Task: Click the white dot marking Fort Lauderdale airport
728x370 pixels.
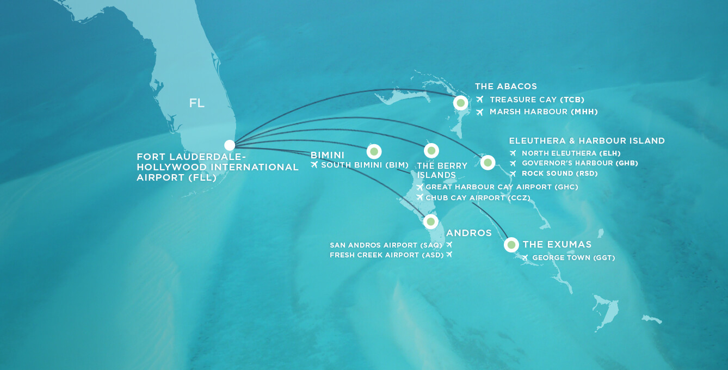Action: tap(230, 145)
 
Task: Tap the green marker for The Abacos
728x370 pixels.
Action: tap(461, 103)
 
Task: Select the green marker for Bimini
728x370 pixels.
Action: tap(374, 151)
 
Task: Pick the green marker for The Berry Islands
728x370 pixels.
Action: tap(431, 150)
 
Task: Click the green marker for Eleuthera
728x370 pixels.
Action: tap(488, 162)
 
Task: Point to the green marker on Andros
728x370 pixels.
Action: tap(430, 221)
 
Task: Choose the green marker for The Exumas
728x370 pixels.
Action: tap(511, 245)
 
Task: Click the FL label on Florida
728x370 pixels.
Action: tap(197, 103)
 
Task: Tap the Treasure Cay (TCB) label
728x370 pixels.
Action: tap(536, 100)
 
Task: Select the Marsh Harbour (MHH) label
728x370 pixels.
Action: tap(544, 112)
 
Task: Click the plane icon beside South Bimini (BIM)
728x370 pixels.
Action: tap(314, 165)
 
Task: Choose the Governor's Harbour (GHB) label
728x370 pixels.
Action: tap(579, 163)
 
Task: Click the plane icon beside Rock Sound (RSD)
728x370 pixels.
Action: tap(513, 174)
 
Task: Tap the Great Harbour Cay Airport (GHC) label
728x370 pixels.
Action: tap(502, 187)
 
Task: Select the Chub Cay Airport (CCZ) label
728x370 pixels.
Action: tap(478, 198)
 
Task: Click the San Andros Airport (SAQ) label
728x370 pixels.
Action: tap(386, 245)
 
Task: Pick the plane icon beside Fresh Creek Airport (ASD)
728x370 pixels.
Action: tap(449, 255)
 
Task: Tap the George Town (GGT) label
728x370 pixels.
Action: tap(573, 258)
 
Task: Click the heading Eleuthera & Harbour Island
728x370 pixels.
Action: tap(587, 141)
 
